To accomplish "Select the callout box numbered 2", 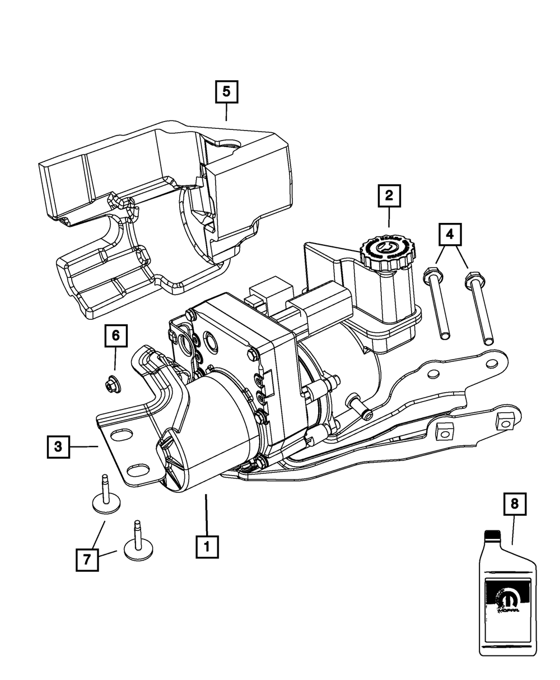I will [389, 196].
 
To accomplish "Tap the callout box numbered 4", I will [451, 235].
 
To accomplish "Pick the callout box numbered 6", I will [115, 336].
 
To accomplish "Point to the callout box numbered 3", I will [59, 447].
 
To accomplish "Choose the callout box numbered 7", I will [87, 559].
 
